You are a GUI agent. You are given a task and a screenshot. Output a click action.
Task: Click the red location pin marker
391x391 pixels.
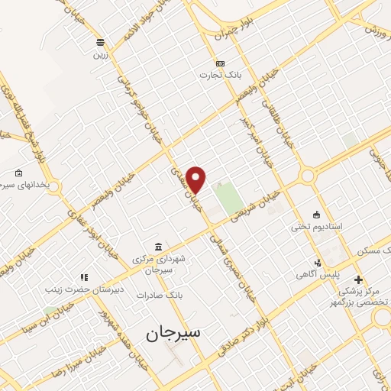pos(197,179)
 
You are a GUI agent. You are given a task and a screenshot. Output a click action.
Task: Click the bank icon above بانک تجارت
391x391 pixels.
pos(221,63)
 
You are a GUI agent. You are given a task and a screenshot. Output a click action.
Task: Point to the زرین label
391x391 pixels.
pos(101,54)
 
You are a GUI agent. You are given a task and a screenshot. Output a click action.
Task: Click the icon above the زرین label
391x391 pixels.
pos(101,42)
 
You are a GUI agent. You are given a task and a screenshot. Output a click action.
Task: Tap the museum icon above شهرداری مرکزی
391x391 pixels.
pos(158,246)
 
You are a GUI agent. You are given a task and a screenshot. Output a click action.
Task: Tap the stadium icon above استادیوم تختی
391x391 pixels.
pos(317,214)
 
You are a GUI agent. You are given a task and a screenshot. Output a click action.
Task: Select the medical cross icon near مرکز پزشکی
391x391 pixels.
pos(359,280)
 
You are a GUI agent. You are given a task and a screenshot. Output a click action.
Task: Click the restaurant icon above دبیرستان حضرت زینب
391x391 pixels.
pos(83,277)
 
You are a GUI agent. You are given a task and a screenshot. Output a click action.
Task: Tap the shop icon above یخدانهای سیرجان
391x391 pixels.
pos(19,173)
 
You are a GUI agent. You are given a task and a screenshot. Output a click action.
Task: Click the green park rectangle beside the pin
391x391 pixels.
pos(226,198)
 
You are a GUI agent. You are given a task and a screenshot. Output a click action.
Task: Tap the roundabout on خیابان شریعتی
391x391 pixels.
pos(309,176)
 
